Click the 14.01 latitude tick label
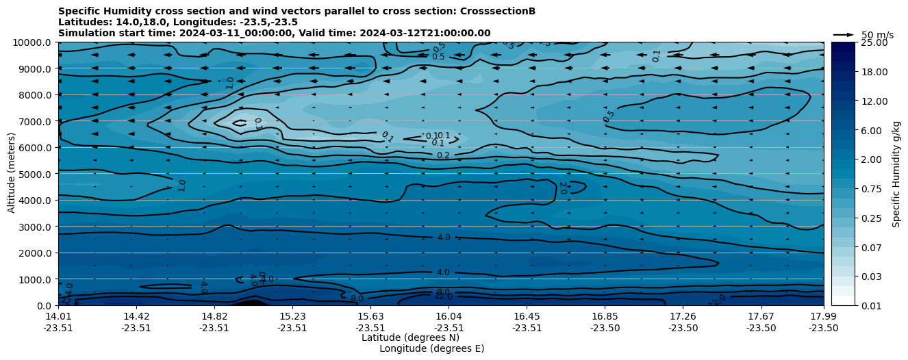pos(58,316)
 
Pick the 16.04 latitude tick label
pos(449,316)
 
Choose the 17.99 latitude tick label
pos(823,316)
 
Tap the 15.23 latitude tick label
pos(292,316)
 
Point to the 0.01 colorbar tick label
pos(871,306)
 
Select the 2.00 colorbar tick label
pos(871,159)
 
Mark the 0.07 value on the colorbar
pos(871,247)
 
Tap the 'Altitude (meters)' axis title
pos(12,174)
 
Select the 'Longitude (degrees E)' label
pos(431,348)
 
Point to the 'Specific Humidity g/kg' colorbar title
pos(897,174)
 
